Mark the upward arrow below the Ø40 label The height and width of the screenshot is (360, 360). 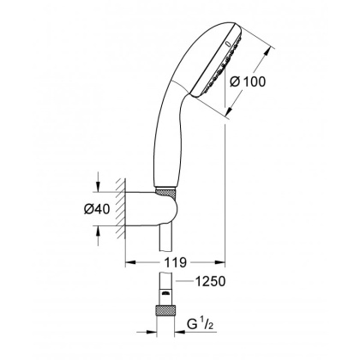[102, 229]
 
